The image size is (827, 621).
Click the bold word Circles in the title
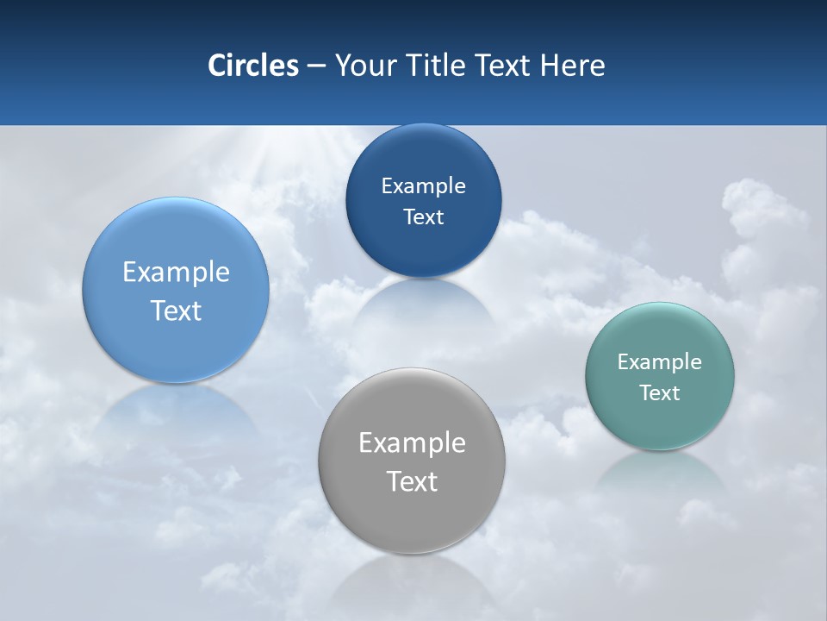[253, 66]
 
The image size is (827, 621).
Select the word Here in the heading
[573, 66]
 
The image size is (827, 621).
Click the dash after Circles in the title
[316, 66]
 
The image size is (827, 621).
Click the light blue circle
[176, 290]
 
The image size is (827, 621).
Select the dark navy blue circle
[423, 200]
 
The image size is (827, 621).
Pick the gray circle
[412, 461]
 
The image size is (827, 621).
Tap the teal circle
[660, 376]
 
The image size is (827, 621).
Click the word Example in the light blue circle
[176, 272]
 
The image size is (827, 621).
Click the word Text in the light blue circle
[176, 310]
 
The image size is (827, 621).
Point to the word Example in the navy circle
[423, 185]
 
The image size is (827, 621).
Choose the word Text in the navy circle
[423, 216]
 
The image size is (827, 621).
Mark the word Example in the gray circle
[412, 442]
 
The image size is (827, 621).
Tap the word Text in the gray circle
[412, 481]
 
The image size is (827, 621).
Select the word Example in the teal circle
[660, 361]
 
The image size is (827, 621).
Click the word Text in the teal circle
[660, 392]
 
